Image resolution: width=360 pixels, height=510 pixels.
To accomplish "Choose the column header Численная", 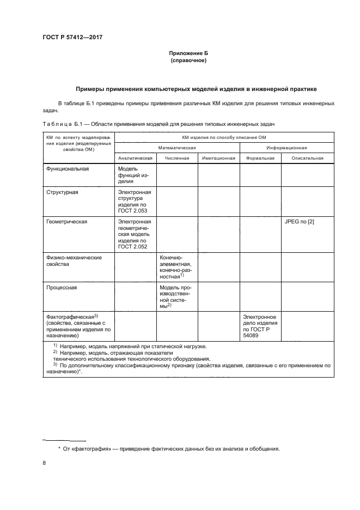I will tap(177, 158).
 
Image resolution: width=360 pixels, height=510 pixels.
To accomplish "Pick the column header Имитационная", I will tap(218, 158).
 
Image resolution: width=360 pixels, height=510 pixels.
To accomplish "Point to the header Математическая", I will tap(177, 147).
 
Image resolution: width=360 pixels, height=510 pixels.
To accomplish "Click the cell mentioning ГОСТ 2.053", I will tap(135, 202).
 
